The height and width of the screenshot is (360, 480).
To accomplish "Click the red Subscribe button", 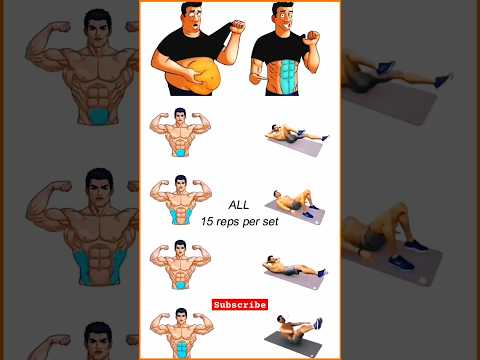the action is pos(240,304).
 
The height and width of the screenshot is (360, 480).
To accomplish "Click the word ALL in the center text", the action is pos(239,205).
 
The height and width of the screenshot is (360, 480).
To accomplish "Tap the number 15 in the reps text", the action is pos(207,221).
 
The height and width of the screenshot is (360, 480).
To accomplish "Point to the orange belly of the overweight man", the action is pos(194,76).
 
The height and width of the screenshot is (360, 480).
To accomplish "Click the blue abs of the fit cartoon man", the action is pos(287,76).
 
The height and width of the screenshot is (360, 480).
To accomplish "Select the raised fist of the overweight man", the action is pos(237,27).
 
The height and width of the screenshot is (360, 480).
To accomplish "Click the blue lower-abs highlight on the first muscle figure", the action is pos(180,153).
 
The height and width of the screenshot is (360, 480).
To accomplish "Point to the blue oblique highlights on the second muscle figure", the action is pos(180,216).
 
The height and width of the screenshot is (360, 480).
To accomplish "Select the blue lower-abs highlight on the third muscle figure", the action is pos(180,285).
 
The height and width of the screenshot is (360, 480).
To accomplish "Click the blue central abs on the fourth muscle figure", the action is pos(182,349).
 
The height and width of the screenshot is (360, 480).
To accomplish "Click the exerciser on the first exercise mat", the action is pos(296,133).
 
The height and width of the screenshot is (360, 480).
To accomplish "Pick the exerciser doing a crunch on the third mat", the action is pos(293,266).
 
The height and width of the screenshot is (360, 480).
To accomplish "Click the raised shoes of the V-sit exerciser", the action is pos(318,323).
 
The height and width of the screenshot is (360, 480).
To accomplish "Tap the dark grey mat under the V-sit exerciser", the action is pos(293,343).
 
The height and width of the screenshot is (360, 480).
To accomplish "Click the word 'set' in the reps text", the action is pos(271,222).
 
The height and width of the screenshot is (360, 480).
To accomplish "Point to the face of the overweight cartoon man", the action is pos(192,18).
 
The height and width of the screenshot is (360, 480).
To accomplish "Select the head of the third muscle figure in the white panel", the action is pos(180,247).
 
